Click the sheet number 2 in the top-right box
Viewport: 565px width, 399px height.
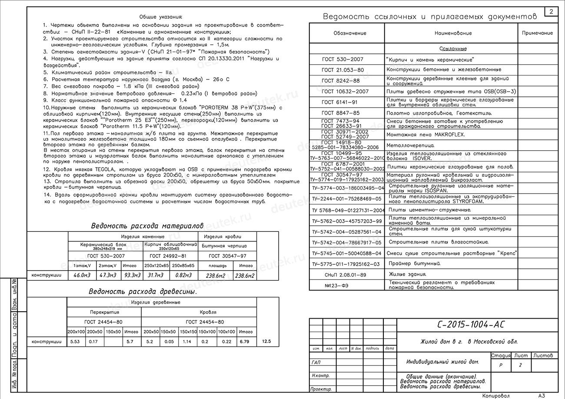point(551,12)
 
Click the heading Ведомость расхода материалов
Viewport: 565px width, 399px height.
point(147,226)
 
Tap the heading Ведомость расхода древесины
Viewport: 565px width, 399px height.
point(143,291)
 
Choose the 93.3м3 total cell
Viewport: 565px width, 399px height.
point(132,275)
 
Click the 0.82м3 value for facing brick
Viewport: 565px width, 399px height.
point(183,275)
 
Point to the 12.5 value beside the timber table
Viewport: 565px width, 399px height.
point(266,342)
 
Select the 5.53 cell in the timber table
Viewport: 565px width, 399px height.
point(75,342)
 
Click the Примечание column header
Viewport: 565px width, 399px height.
point(537,33)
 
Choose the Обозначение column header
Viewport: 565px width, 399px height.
point(350,33)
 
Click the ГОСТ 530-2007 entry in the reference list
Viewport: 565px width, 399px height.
point(342,59)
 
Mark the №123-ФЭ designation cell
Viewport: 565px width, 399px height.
point(336,285)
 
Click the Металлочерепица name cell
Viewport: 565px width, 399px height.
point(411,145)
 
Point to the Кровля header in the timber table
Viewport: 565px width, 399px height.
point(208,312)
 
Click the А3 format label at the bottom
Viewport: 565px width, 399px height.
point(541,396)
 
